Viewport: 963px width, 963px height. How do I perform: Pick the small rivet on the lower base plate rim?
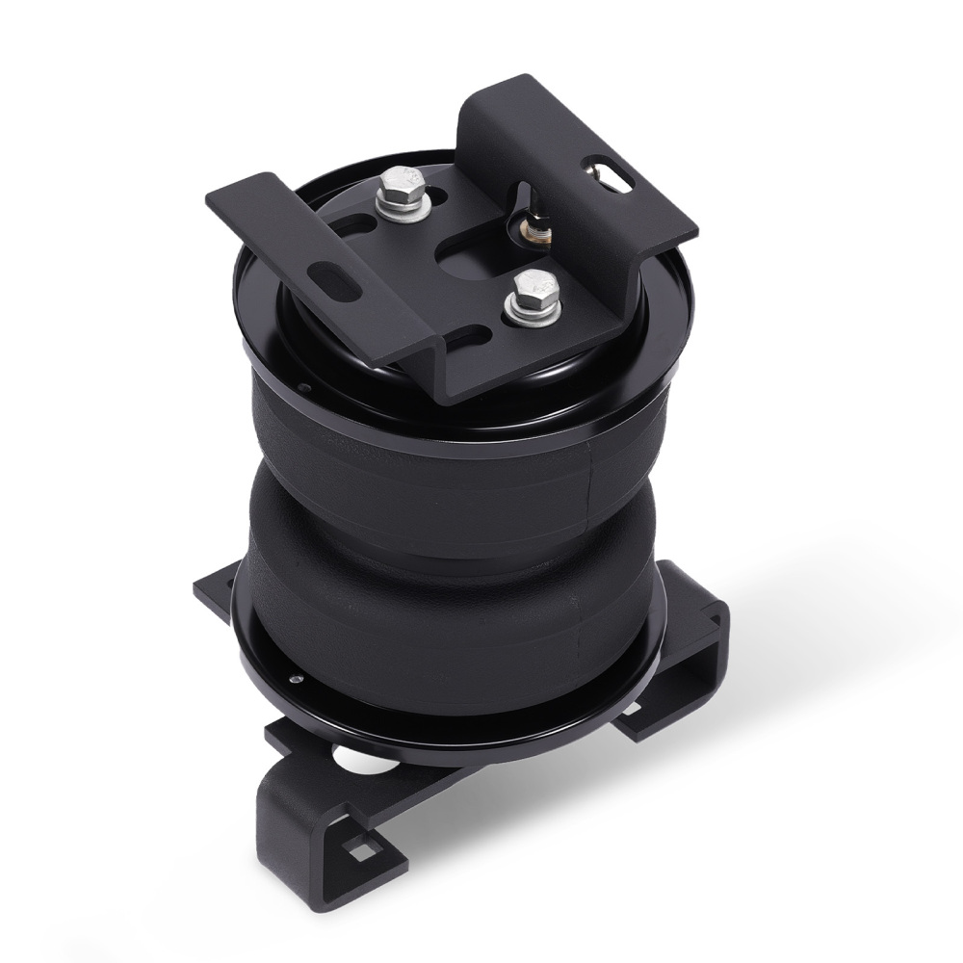299,680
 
